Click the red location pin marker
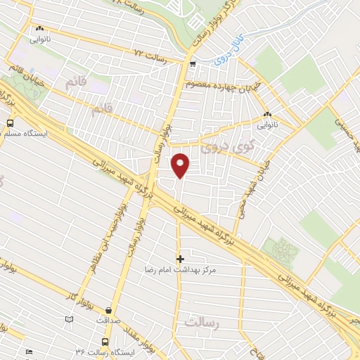181,165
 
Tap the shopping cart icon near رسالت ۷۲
192,64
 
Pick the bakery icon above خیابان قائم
38,30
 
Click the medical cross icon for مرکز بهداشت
180,259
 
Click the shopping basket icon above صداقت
109,309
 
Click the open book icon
69,319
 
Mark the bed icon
29,352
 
